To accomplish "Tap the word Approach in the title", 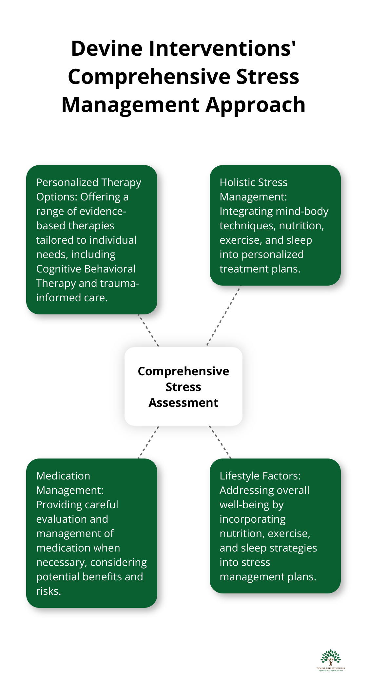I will pyautogui.click(x=256, y=105).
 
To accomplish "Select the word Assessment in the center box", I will pyautogui.click(x=183, y=403).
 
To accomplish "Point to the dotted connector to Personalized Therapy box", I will pyautogui.click(x=148, y=330).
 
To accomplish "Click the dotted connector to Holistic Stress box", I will pyautogui.click(x=224, y=315).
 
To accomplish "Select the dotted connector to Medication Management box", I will pyautogui.click(x=148, y=442).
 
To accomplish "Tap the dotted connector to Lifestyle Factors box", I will pyautogui.click(x=220, y=442).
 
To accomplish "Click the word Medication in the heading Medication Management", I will pyautogui.click(x=63, y=476).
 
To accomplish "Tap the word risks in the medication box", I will pyautogui.click(x=48, y=591).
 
